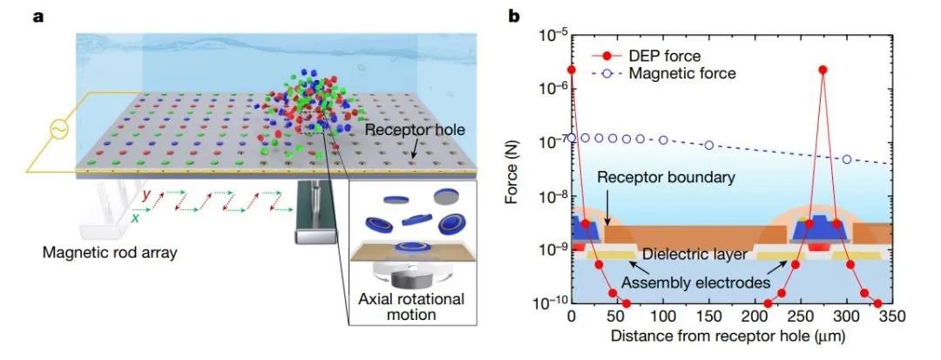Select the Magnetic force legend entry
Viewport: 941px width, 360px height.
(662, 74)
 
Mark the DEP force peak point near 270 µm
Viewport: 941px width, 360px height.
(823, 70)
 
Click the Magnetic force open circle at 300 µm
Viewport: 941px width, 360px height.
(846, 160)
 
